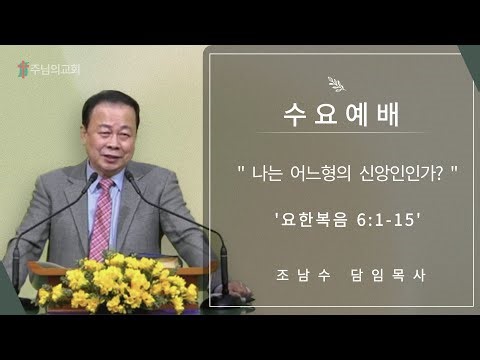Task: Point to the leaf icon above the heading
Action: click(x=335, y=85)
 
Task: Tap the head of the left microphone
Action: click(x=92, y=179)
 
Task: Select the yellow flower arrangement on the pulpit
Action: click(x=118, y=283)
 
